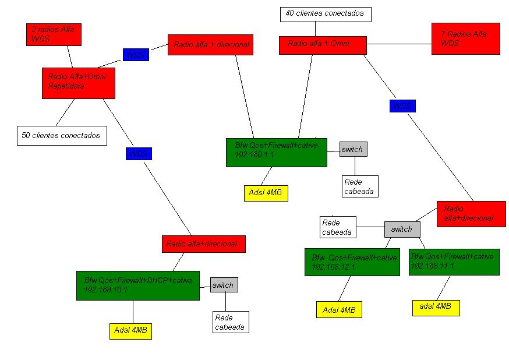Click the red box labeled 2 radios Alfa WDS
pos(54,34)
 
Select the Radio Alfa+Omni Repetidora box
pos(78,83)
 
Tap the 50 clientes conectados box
pos(62,135)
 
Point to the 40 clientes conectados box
pos(325,14)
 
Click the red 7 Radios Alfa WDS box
pos(465,39)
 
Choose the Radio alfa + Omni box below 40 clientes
pos(323,45)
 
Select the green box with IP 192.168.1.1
pos(276,152)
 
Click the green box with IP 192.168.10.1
pos(138,285)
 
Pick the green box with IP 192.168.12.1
pos(352,262)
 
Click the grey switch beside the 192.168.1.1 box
pos(353,149)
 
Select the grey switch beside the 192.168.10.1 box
pos(224,285)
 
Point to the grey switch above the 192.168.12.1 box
pos(402,229)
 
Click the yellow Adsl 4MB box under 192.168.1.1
pos(266,193)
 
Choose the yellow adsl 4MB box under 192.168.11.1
pos(436,308)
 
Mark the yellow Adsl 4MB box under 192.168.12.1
pos(339,310)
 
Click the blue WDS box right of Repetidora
pos(136,55)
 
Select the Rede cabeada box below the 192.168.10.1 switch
pos(230,322)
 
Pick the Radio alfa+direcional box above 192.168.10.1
pos(203,244)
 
